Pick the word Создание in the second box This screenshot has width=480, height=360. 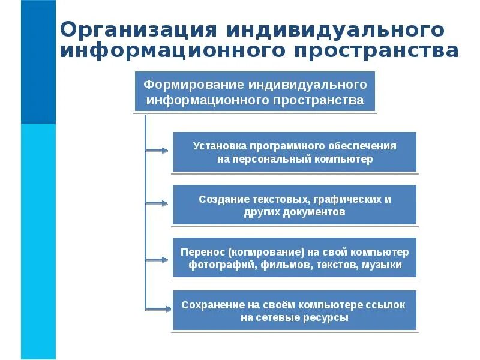pyautogui.click(x=220, y=199)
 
